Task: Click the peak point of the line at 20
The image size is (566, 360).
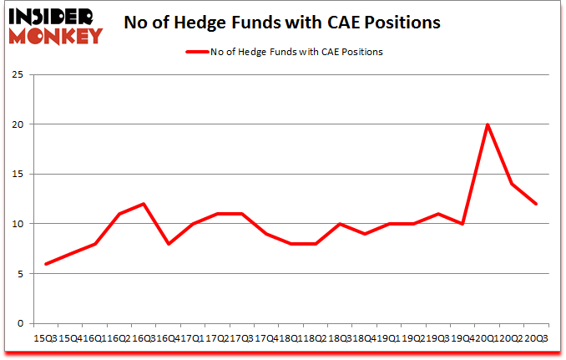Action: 488,124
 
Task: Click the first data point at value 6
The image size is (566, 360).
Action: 46,264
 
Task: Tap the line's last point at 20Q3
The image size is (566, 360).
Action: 537,204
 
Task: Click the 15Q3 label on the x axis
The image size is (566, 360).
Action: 45,338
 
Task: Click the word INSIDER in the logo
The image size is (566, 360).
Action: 55,16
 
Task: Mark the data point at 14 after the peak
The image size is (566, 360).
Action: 512,184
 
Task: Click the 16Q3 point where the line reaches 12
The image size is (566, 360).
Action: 144,204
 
